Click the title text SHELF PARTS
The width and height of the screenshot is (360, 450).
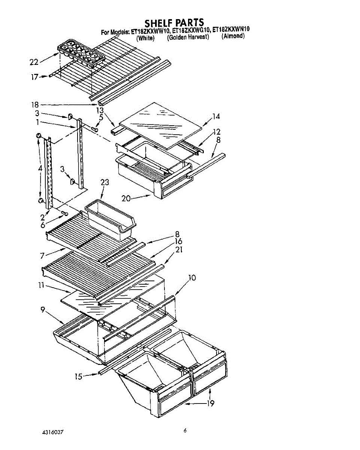tap(174, 22)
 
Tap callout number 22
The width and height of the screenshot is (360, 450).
tap(34, 62)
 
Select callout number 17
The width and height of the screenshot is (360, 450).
tap(35, 77)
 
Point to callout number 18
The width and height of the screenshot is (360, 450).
tap(35, 105)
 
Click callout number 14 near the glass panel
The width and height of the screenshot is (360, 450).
tap(216, 116)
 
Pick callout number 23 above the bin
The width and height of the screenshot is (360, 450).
tap(105, 182)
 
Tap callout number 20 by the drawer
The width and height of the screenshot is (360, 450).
tap(126, 198)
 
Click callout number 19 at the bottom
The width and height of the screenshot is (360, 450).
tap(211, 403)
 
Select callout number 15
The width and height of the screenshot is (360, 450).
tap(78, 376)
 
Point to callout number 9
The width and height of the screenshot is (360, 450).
tap(43, 309)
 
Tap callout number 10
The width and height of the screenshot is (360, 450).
tap(192, 278)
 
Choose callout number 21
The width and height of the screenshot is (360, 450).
tap(178, 249)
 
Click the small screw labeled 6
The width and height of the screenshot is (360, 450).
tap(64, 213)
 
